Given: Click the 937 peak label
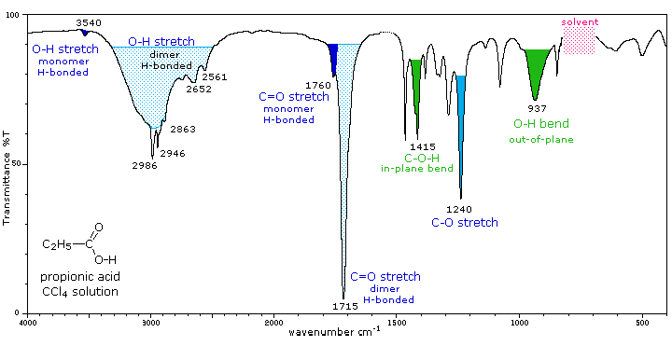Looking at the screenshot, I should [x=538, y=108].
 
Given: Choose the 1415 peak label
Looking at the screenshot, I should [x=419, y=146].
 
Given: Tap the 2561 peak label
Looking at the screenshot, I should [x=215, y=77].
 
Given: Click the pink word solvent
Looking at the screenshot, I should [x=580, y=21].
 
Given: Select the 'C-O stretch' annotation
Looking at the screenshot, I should [x=464, y=224].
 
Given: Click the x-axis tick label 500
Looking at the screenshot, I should [x=642, y=323].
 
